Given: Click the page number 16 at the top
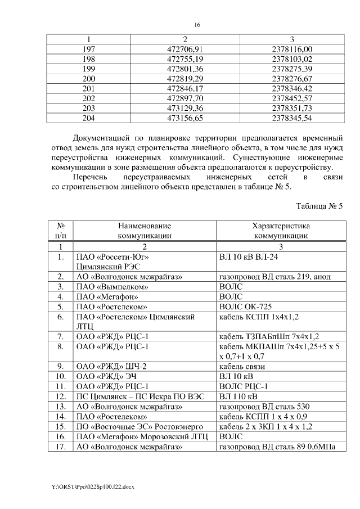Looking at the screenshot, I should click(197, 25).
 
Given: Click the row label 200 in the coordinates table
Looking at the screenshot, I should click(89, 79).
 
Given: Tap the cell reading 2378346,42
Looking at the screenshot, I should click(291, 88).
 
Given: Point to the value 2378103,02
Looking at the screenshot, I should click(291, 59).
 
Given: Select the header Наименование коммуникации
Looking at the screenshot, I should click(144, 231).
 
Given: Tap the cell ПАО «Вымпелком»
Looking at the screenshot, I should click(107, 286).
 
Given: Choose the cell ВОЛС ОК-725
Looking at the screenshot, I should click(243, 307).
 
